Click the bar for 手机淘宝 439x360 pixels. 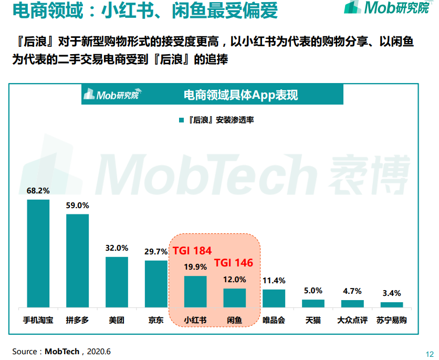pyautogui.click(x=38, y=253)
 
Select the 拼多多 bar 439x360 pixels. pyautogui.click(x=77, y=261)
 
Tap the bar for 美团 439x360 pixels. pyautogui.click(x=117, y=282)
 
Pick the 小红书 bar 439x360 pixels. pyautogui.click(x=195, y=291)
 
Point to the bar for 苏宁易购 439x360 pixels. pyautogui.click(x=391, y=304)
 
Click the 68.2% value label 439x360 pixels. pyautogui.click(x=38, y=190)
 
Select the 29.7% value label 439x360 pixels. pyautogui.click(x=156, y=252)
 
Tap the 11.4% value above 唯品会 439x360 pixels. pyautogui.click(x=274, y=281)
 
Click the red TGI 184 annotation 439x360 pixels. pyautogui.click(x=192, y=251)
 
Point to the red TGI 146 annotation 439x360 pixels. pyautogui.click(x=234, y=263)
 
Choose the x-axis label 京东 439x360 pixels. pyautogui.click(x=156, y=320)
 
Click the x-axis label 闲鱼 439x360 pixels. pyautogui.click(x=234, y=320)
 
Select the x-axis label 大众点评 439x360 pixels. pyautogui.click(x=352, y=320)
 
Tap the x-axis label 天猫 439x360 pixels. pyautogui.click(x=313, y=320)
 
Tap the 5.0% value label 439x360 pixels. pyautogui.click(x=313, y=291)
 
